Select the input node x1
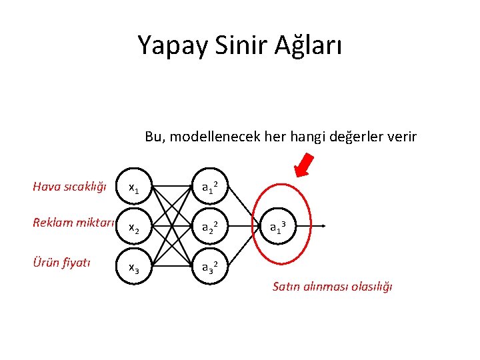point(134,189)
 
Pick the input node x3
point(134,267)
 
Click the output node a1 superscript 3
point(279,227)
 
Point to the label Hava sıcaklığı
point(69,187)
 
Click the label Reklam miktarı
point(74,222)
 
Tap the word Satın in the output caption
point(287,287)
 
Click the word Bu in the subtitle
point(154,137)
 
